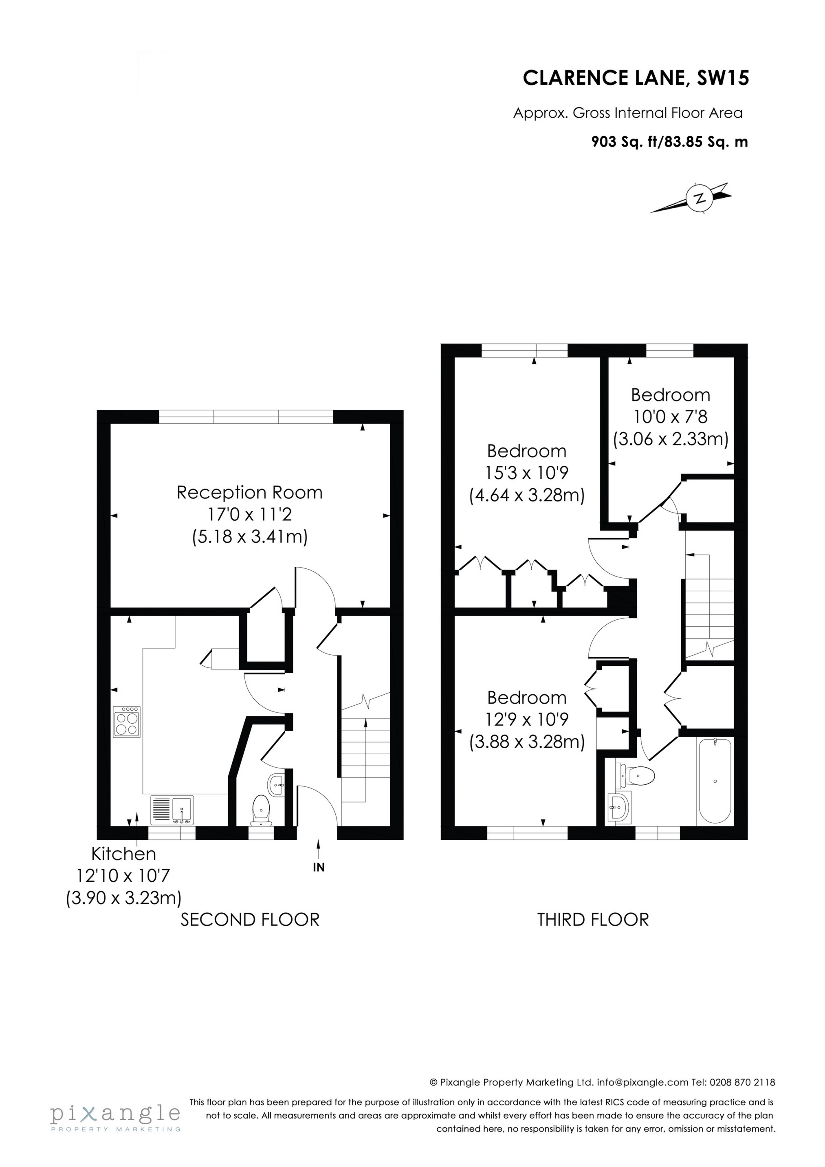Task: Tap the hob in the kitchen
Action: (x=127, y=721)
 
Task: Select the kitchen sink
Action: (x=172, y=810)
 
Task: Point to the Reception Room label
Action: (x=250, y=493)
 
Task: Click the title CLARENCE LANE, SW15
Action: (x=636, y=78)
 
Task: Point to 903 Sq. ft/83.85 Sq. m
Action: (x=669, y=142)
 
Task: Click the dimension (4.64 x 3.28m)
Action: (x=527, y=495)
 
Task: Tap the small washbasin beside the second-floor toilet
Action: (x=277, y=786)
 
